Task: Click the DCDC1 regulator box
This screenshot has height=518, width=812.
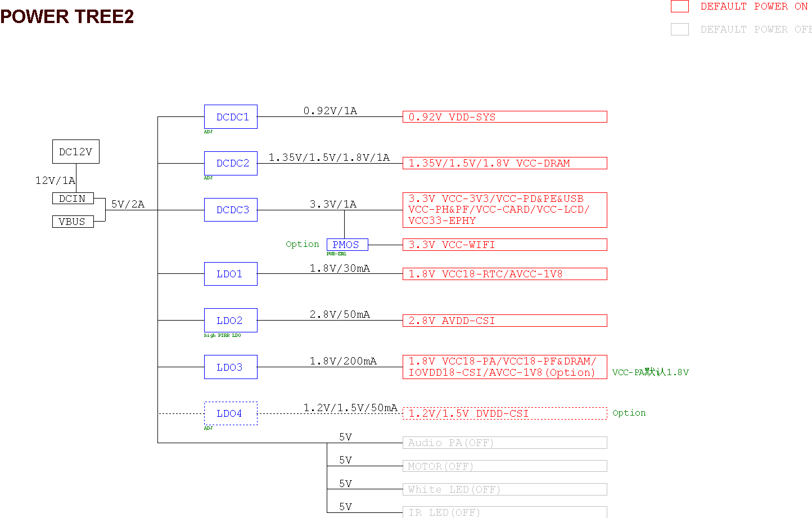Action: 231,117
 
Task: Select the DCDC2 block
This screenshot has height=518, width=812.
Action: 231,163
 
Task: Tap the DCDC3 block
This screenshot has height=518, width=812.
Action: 231,210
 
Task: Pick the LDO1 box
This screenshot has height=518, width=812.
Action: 231,274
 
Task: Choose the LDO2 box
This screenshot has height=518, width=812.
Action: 231,321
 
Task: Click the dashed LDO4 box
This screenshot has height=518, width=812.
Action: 231,413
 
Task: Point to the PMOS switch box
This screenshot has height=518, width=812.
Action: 347,245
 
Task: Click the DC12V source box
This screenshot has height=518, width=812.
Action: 76,152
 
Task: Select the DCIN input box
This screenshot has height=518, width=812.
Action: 73,199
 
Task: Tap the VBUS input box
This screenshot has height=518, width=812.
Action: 73,222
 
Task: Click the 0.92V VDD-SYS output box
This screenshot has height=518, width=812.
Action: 504,117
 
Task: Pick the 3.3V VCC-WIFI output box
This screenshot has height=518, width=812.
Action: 504,245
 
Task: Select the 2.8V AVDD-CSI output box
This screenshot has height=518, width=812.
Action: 504,321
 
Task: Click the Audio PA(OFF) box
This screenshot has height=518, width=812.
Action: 504,443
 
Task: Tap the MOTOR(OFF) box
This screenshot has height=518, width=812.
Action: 504,466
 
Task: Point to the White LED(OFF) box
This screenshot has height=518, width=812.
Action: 504,489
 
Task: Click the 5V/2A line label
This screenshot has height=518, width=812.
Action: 128,204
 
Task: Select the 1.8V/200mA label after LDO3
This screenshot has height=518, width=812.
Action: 343,361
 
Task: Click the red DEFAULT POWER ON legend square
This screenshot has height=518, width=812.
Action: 680,6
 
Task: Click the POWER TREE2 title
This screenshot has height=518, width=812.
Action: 67,17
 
